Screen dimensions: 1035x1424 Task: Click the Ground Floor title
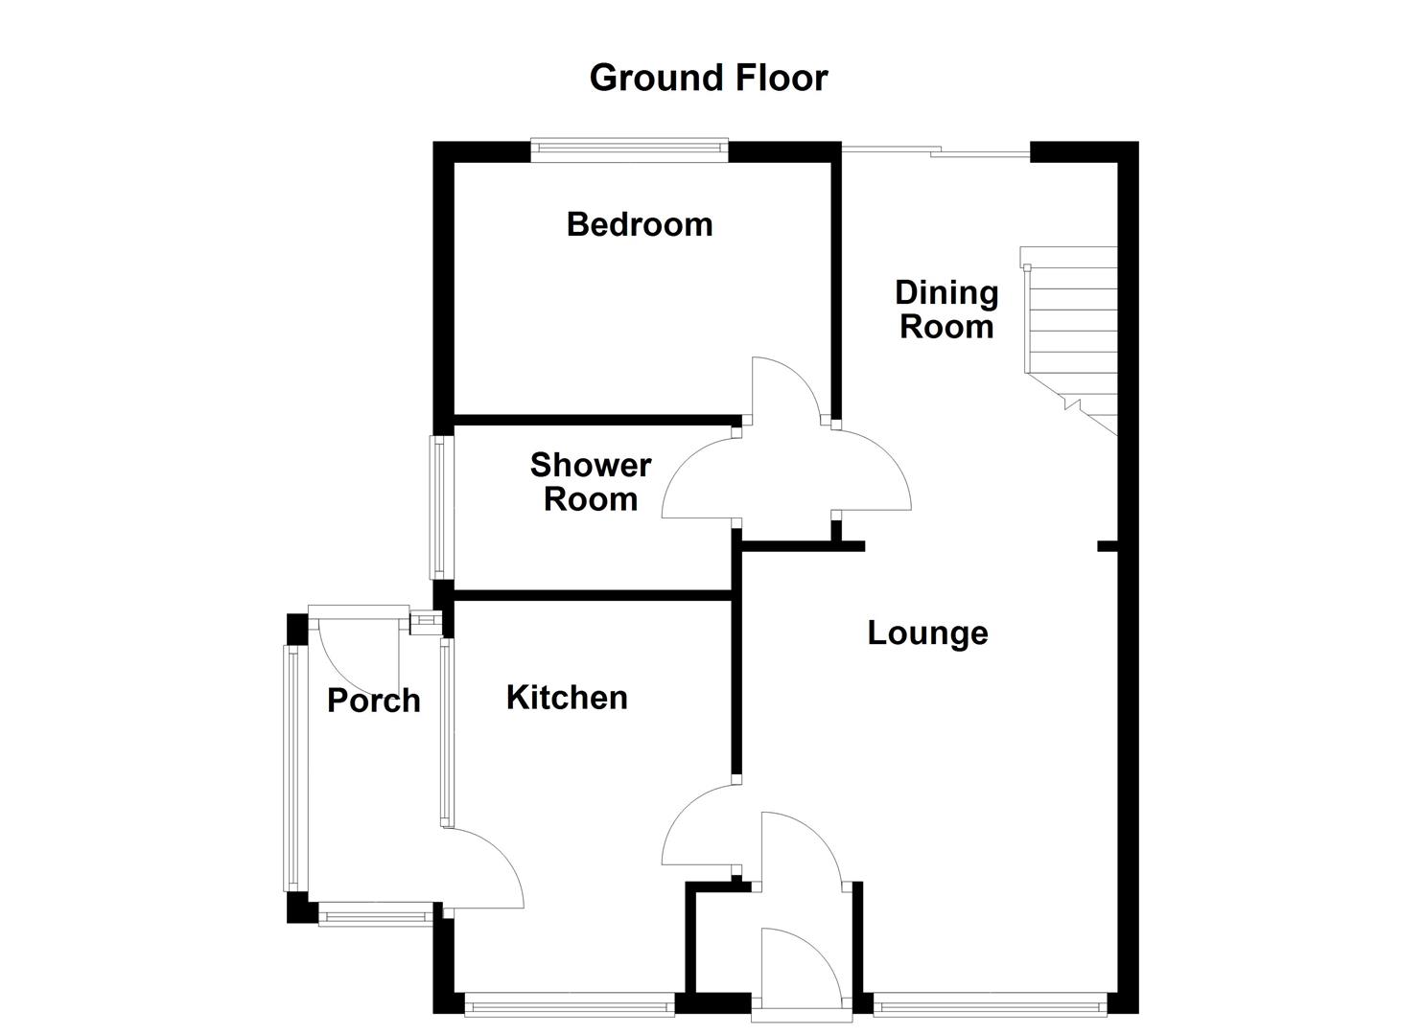click(708, 78)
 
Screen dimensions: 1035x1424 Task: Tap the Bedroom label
click(640, 224)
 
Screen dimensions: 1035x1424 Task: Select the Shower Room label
click(590, 482)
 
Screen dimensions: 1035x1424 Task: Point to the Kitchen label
click(567, 697)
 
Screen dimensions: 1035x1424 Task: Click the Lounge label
click(927, 632)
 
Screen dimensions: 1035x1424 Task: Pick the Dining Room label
click(946, 310)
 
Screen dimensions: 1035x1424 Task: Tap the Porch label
click(373, 701)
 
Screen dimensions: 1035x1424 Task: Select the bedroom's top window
click(629, 148)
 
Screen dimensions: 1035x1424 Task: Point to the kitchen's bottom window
click(570, 1005)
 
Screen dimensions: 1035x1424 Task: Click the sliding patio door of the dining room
click(935, 149)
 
